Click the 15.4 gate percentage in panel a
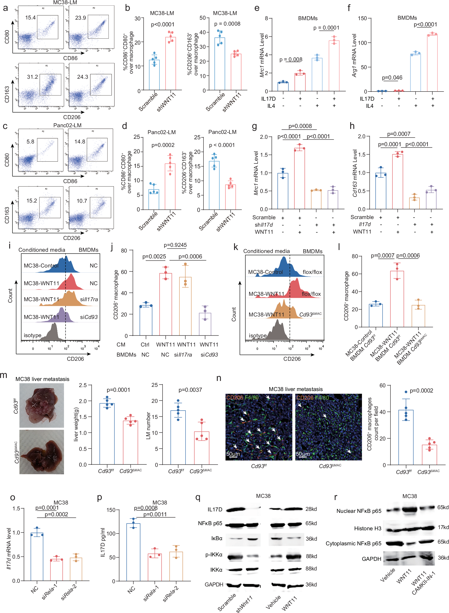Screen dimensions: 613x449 coord(30,18)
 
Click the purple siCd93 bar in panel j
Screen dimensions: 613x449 coord(205,324)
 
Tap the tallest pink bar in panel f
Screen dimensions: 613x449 coord(432,63)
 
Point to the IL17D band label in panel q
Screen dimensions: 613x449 coord(215,509)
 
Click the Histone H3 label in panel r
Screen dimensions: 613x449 coord(368,528)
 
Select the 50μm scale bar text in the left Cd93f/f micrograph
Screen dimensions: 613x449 coord(233,454)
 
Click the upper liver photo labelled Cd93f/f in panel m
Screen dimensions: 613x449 coord(42,405)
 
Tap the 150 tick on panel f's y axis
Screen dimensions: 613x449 coord(362,18)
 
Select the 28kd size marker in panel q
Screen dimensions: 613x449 coord(311,509)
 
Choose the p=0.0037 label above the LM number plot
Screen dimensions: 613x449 coord(190,390)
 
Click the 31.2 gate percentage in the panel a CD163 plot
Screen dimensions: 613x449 coord(32,77)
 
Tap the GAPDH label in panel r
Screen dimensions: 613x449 coord(371,559)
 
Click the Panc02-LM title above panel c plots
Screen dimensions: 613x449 coord(67,125)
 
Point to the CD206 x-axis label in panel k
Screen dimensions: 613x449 coord(292,359)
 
